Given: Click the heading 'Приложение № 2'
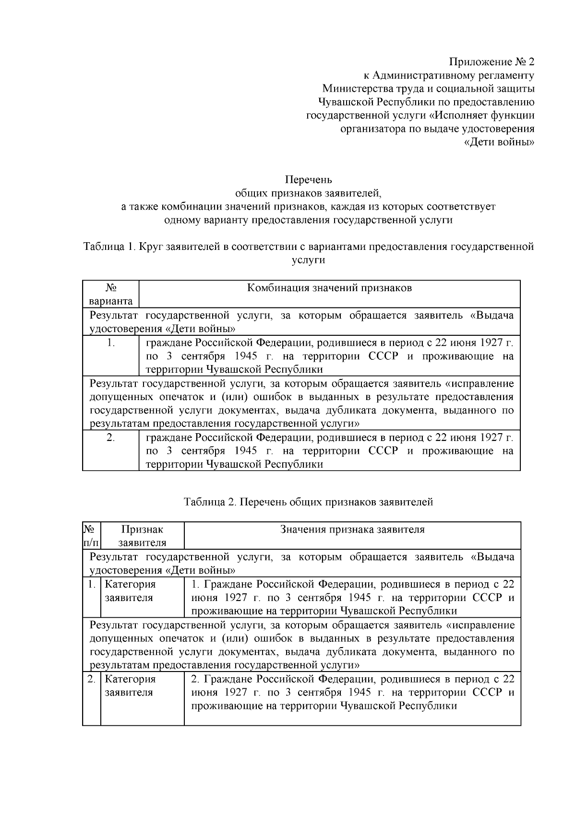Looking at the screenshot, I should point(491,62).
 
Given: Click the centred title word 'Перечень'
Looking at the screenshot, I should point(308,180).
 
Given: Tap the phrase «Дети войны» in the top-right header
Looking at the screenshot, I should point(500,142).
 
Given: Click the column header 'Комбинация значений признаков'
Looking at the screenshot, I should point(329,288).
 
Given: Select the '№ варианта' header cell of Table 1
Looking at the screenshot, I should point(111,295).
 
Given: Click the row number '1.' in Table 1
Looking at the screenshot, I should point(111,342).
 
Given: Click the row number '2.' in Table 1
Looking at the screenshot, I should point(111,437).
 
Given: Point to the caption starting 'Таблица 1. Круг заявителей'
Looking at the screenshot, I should point(308,247).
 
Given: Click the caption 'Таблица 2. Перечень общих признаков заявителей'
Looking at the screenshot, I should point(308,502).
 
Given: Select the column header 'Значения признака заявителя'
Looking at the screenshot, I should point(352,530).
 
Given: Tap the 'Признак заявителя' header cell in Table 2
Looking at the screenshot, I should point(142,536).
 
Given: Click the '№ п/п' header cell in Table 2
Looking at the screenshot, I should point(91,536).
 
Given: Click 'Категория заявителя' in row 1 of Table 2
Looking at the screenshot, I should point(130,591).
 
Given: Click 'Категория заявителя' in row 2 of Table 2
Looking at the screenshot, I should point(130,686).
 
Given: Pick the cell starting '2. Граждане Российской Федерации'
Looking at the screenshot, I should point(352,692).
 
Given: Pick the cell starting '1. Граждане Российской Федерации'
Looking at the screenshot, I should point(352,598).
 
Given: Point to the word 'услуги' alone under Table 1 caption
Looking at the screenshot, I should point(308,260).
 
